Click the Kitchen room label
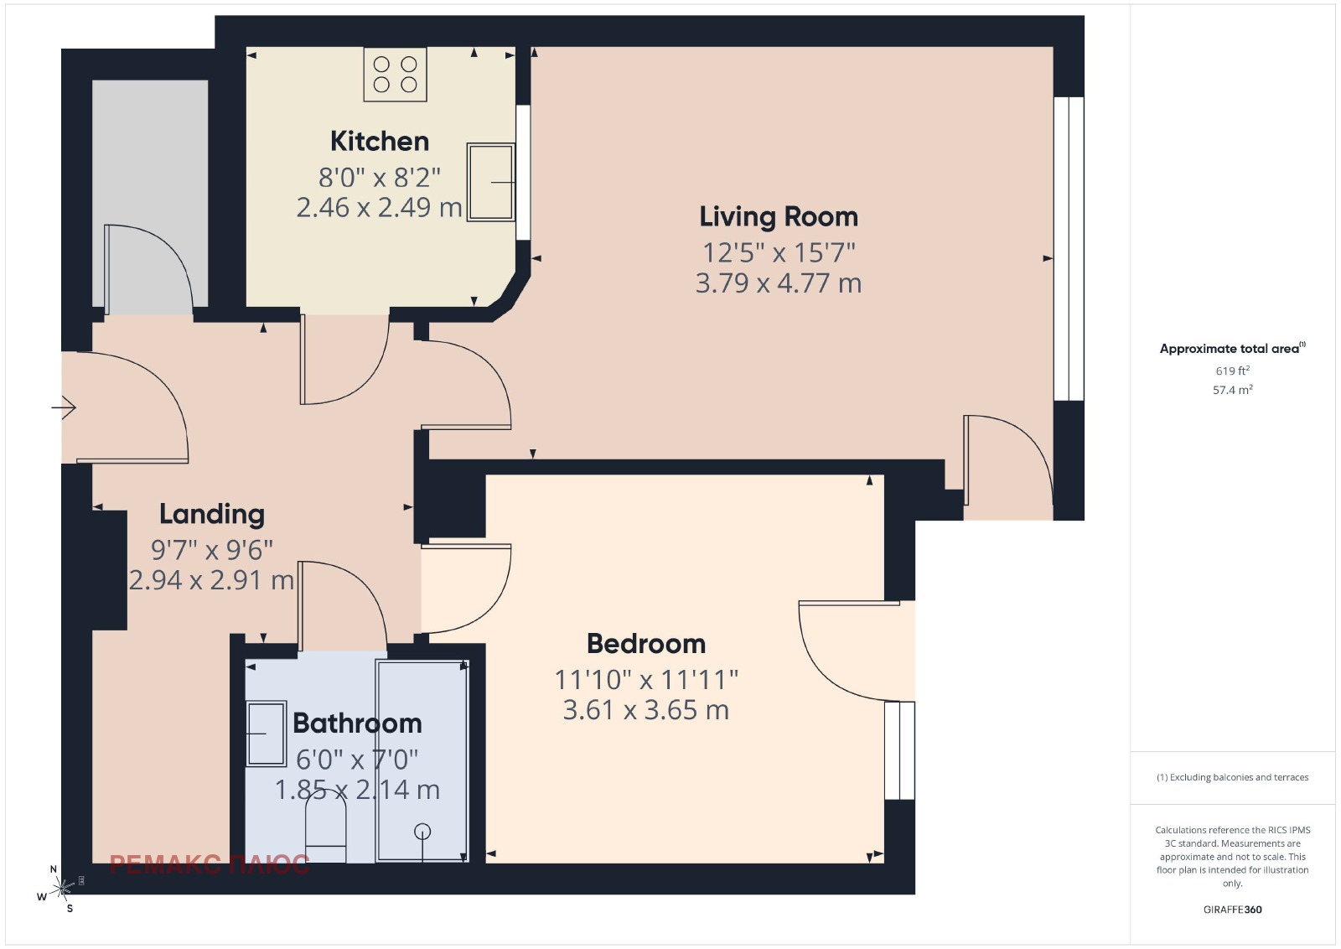380,142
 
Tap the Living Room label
779,217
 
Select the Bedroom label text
646,644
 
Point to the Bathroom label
357,723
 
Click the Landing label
212,515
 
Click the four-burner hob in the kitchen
395,75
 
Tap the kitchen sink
490,182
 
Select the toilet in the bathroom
326,829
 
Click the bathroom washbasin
267,734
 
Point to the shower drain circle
422,831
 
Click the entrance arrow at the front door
64,407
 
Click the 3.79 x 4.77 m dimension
779,283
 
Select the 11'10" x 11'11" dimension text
646,680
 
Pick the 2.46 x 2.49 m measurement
380,208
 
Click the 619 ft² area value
1233,371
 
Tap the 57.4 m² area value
1233,390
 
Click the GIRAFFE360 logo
1233,910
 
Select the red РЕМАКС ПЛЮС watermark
210,864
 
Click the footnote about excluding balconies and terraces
1233,777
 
